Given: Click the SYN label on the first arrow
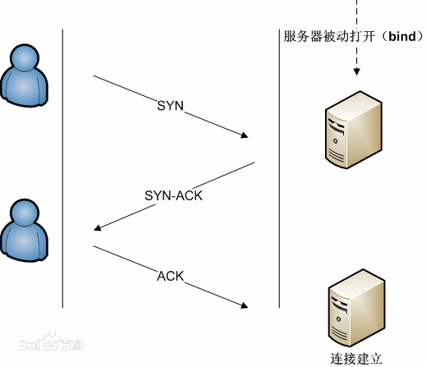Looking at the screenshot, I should coord(170,107).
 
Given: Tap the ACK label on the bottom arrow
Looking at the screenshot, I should coord(171,275).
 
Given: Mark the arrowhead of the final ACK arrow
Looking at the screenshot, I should coord(245,306).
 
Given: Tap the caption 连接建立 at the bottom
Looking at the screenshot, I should coord(356,358).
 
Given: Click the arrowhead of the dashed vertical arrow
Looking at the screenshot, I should coord(357,73).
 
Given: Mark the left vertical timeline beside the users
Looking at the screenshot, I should coord(63,164).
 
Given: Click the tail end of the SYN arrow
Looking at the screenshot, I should coord(95,77).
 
